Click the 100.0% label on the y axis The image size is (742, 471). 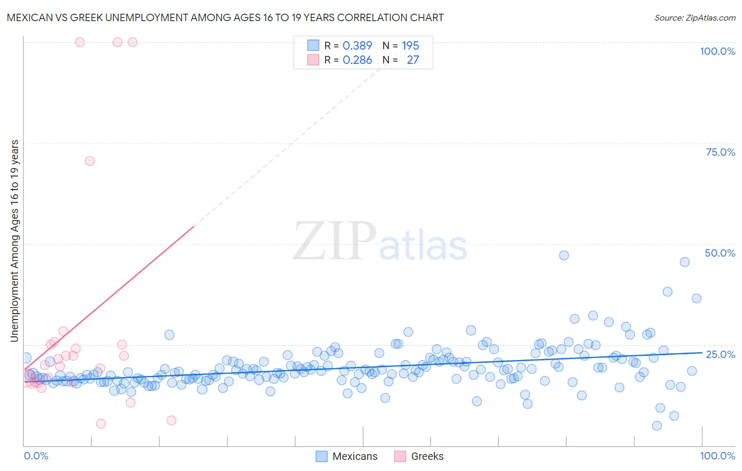click(x=717, y=51)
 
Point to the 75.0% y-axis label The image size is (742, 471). click(x=720, y=152)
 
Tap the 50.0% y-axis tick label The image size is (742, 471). click(x=720, y=253)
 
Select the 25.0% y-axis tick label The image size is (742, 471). click(x=720, y=354)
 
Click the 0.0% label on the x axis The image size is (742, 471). click(x=36, y=456)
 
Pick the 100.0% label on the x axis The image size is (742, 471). click(x=717, y=456)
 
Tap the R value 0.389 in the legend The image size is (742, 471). click(x=357, y=45)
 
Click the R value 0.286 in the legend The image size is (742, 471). click(x=357, y=60)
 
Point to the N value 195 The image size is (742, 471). click(x=411, y=45)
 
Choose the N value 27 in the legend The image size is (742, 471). click(x=413, y=60)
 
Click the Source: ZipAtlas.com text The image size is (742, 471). click(x=695, y=17)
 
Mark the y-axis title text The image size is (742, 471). click(x=15, y=240)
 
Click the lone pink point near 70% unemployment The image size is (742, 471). click(x=90, y=161)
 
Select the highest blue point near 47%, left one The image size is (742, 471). click(x=564, y=256)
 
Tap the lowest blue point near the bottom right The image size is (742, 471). click(x=657, y=426)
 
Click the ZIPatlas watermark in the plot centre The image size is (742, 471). click(x=380, y=242)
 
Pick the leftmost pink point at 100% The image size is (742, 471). click(x=80, y=42)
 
